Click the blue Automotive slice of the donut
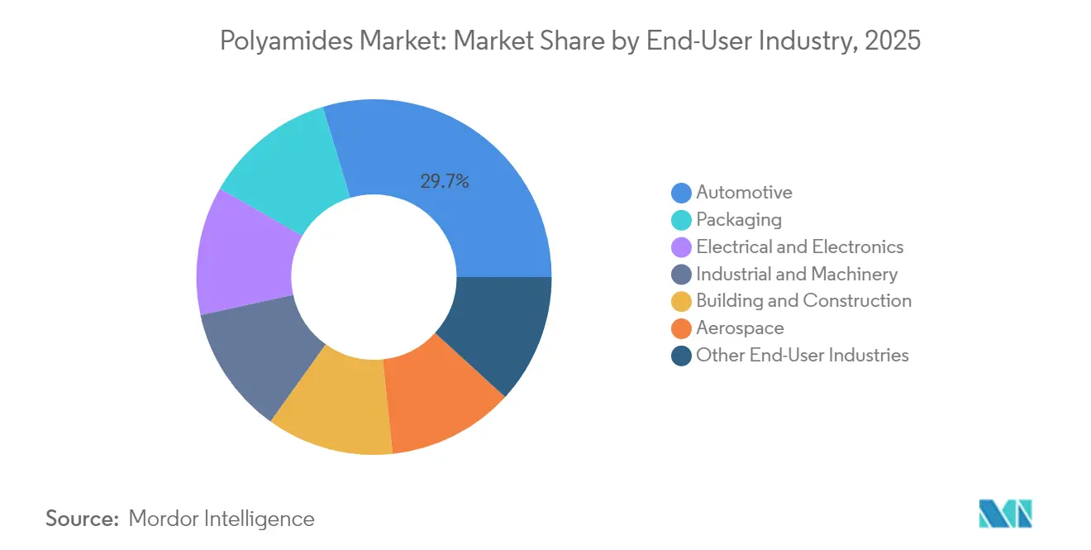(x=479, y=207)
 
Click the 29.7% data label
(x=445, y=182)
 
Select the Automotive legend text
(x=744, y=193)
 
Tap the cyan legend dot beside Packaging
(x=681, y=220)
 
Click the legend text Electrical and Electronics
(x=799, y=247)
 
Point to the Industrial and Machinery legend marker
(x=681, y=275)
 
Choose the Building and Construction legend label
(x=803, y=301)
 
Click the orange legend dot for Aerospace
(x=681, y=329)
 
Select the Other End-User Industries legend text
(x=802, y=356)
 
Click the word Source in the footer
(x=82, y=519)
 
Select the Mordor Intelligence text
(x=222, y=519)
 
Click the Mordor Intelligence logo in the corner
(x=1005, y=514)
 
